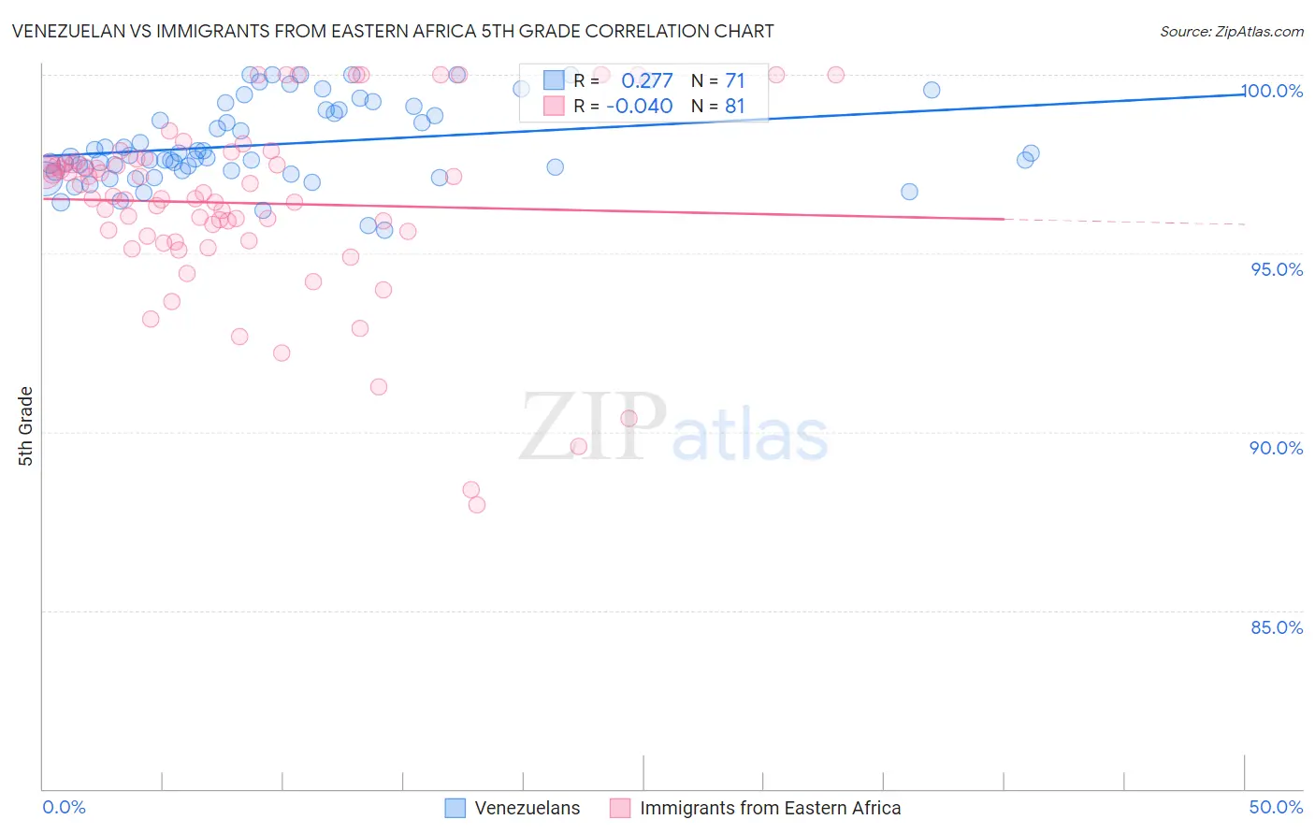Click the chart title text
click(393, 31)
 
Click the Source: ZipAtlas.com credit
click(1231, 31)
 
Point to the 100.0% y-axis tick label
click(1272, 91)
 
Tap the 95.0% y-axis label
click(1277, 269)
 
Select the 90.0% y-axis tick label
click(1277, 448)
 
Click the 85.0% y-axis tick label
click(1277, 627)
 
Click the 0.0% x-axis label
click(64, 808)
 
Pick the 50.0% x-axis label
click(1276, 808)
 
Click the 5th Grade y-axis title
click(25, 425)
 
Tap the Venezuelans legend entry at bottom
click(527, 809)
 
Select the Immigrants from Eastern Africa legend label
click(770, 809)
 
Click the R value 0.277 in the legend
click(646, 80)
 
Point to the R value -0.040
click(639, 107)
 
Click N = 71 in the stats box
click(717, 80)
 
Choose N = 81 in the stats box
click(717, 107)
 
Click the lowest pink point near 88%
click(477, 505)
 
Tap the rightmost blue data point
click(1031, 153)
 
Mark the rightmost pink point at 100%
click(836, 75)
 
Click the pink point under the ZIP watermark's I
click(629, 418)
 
